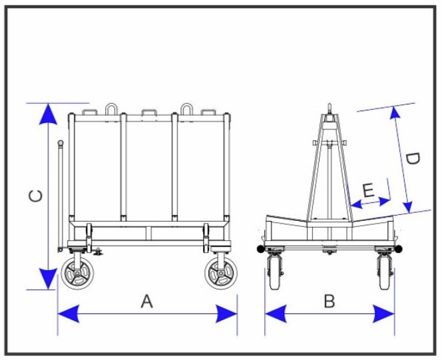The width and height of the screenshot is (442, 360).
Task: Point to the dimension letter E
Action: point(367,190)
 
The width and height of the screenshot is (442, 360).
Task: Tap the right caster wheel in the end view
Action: point(385,273)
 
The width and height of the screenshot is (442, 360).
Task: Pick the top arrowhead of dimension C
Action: point(47,114)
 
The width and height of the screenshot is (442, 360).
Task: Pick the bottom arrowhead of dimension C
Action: point(47,279)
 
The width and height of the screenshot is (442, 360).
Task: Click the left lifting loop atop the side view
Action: point(111,108)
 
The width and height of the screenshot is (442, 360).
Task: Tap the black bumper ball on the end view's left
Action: point(261,249)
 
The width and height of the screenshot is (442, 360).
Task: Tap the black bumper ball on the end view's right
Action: point(399,249)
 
